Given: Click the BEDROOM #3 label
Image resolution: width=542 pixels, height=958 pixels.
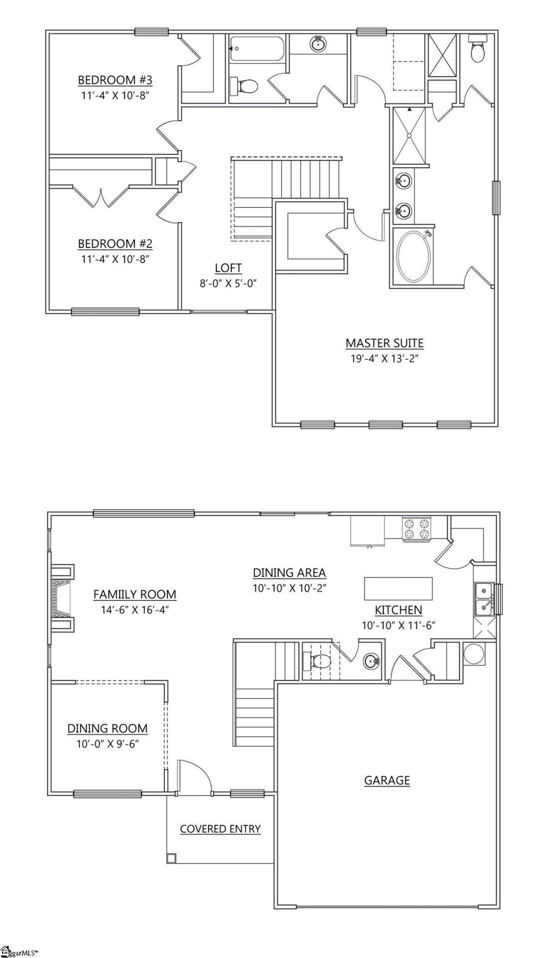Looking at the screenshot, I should (115, 80).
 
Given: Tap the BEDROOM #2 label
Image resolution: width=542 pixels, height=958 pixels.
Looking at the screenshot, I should (115, 243).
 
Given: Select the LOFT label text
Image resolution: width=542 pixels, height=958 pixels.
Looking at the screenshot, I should (228, 268).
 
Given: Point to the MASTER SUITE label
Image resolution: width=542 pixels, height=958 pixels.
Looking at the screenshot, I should (384, 343).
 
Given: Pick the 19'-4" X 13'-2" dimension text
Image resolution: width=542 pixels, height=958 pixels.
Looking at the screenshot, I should (384, 358).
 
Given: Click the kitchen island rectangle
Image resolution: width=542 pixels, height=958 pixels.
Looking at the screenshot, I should (398, 588).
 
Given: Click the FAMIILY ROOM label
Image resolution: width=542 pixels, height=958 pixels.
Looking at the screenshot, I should (135, 594).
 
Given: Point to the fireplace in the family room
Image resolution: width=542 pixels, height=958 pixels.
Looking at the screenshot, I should (62, 599).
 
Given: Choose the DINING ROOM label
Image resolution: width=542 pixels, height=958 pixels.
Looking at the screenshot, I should (107, 728).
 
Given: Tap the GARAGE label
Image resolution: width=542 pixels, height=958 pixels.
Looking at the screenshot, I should (387, 780).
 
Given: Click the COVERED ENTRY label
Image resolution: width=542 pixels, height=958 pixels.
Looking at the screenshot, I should (220, 829).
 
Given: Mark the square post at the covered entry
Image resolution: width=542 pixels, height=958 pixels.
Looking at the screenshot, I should (171, 858).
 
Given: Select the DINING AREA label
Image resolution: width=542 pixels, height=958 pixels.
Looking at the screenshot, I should (289, 573).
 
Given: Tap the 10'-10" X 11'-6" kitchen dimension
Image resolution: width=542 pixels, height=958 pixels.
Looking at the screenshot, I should (399, 625).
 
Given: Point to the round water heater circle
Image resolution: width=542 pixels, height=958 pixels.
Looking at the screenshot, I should (473, 654).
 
